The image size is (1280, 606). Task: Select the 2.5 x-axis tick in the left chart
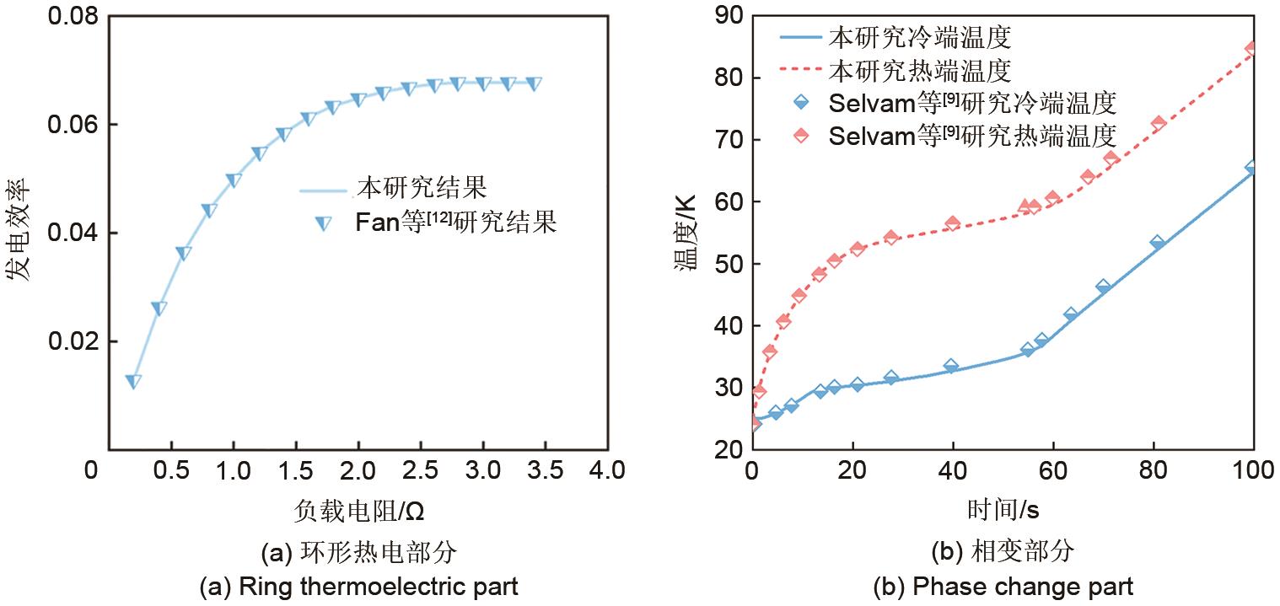[420, 469]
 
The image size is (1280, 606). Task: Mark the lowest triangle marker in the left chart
[133, 381]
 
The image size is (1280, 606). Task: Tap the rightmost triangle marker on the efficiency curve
[533, 83]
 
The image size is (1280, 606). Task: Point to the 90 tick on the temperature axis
[728, 16]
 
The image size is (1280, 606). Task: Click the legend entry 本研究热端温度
[919, 69]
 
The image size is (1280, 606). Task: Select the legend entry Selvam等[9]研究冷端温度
[971, 103]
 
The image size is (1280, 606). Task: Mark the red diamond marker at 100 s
[1252, 49]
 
